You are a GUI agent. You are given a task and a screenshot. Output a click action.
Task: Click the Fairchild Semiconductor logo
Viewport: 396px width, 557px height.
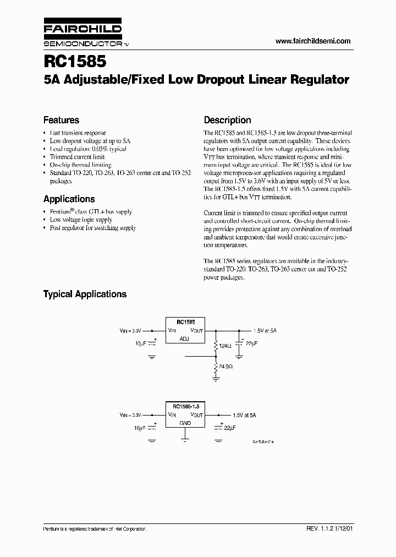tap(82, 34)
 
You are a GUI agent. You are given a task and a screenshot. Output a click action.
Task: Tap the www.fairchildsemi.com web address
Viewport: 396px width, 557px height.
tap(312, 41)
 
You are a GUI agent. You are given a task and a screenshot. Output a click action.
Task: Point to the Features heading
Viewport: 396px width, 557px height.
tap(61, 120)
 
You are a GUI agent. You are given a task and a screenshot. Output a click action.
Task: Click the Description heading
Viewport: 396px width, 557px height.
tap(227, 120)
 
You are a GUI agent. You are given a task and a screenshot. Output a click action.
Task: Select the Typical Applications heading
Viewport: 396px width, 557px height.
tap(85, 294)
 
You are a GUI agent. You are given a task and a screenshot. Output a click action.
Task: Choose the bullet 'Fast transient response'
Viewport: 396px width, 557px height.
tap(78, 133)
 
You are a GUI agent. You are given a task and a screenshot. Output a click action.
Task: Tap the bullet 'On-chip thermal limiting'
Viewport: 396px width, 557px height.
tap(80, 165)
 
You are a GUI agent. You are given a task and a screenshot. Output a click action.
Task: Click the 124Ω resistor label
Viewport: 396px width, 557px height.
tap(225, 346)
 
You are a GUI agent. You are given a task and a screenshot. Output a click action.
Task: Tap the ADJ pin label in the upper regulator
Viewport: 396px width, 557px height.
tap(184, 339)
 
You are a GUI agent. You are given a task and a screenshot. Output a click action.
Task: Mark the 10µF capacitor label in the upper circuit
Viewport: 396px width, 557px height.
tap(141, 343)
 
